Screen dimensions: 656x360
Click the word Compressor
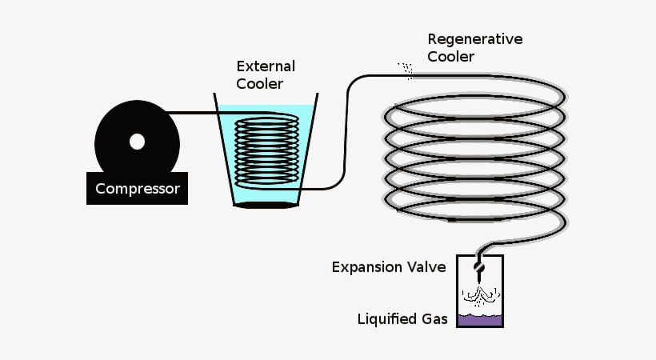click(138, 189)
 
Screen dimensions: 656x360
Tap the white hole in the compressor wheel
click(138, 142)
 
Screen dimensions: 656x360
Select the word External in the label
click(266, 66)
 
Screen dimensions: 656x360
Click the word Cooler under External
click(259, 84)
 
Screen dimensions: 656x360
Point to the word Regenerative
click(475, 40)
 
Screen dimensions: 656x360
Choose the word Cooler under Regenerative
click(450, 57)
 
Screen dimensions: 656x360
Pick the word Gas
click(434, 319)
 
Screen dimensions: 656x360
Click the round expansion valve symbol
click(479, 267)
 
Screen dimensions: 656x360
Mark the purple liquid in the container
click(480, 321)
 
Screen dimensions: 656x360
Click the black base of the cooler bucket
click(266, 205)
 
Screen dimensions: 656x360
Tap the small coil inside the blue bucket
click(266, 151)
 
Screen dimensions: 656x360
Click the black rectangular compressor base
click(138, 188)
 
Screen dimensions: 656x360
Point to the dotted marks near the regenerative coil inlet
click(406, 70)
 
